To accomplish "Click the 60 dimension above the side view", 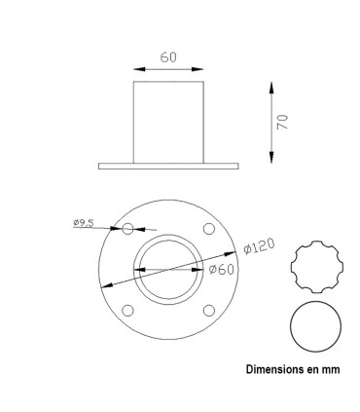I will [168, 57].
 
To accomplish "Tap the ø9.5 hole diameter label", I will [83, 223].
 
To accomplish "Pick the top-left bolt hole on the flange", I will [127, 229].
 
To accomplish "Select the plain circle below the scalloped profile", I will [317, 328].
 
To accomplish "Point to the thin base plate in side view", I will [168, 166].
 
